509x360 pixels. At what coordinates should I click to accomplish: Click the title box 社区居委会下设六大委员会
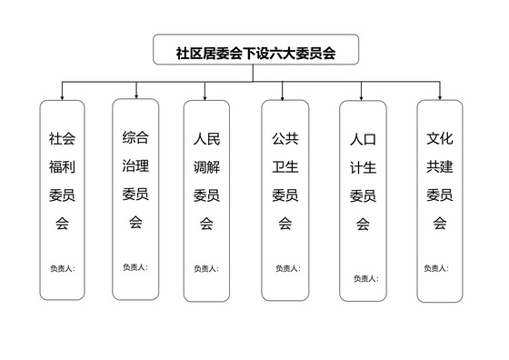tap(255, 53)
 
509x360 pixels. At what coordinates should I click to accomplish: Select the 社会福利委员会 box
tap(63, 200)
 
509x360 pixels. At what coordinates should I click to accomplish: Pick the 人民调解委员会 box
tap(205, 200)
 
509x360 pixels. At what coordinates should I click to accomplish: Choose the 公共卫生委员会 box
tap(284, 200)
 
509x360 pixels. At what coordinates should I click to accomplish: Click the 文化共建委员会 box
tap(440, 200)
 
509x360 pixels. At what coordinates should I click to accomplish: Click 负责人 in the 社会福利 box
tap(63, 268)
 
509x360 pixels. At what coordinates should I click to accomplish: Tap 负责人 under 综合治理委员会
tap(135, 266)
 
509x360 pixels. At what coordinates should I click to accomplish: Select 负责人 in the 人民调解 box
tap(205, 268)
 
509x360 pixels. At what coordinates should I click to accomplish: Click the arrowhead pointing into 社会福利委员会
tap(63, 95)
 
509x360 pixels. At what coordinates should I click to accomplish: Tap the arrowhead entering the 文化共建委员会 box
tap(440, 95)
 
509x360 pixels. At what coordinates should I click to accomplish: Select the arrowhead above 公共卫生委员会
tap(284, 95)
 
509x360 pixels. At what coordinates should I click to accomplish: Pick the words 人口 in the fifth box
tap(363, 140)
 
